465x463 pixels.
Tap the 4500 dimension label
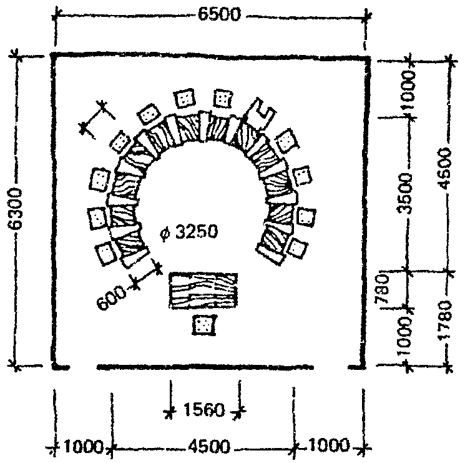click(x=205, y=447)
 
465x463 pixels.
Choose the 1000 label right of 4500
click(x=329, y=447)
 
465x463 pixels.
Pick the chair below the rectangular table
click(x=204, y=324)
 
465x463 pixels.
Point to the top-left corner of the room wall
click(x=54, y=57)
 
